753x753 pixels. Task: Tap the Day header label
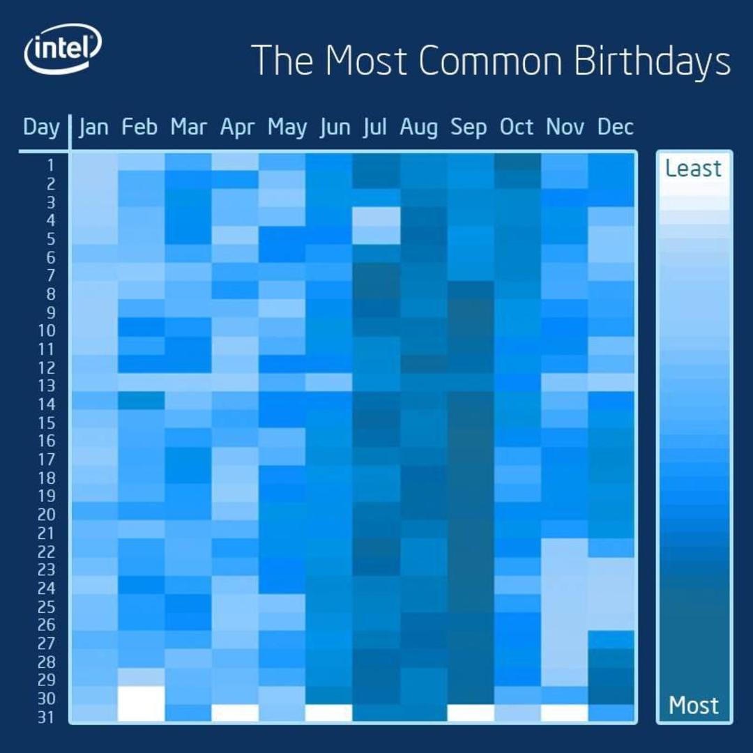pos(41,128)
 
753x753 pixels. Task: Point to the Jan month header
pos(93,128)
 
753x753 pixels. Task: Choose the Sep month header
pos(469,128)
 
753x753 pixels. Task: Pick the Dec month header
pos(615,128)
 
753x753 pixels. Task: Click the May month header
pos(287,128)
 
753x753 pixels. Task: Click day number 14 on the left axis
pos(47,404)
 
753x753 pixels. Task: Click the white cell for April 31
pos(235,713)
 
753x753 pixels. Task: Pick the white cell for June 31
pos(329,713)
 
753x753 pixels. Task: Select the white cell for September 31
pos(470,713)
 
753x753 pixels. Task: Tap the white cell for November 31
pos(564,713)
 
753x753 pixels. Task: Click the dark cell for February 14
pos(141,401)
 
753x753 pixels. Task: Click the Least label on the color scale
pos(693,169)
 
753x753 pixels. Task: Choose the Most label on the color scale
pos(693,705)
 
